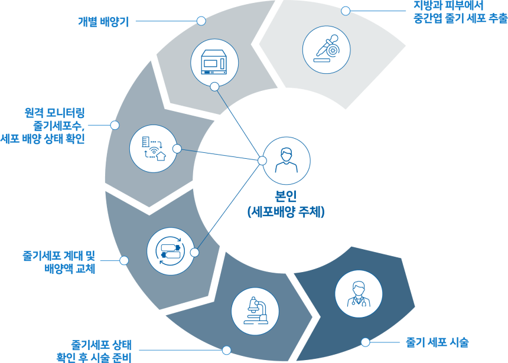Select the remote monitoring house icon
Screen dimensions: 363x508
154,147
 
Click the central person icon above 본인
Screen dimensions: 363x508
286,161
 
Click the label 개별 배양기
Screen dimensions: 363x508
103,22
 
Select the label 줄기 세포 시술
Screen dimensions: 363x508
437,342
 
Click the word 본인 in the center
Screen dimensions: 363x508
286,196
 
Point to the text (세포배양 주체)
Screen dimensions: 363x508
286,211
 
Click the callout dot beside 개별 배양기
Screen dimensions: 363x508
201,21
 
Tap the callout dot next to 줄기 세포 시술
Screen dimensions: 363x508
365,342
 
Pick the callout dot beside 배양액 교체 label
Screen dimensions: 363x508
124,260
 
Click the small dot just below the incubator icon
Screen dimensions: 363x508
214,87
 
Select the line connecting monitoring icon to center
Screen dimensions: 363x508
219,155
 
